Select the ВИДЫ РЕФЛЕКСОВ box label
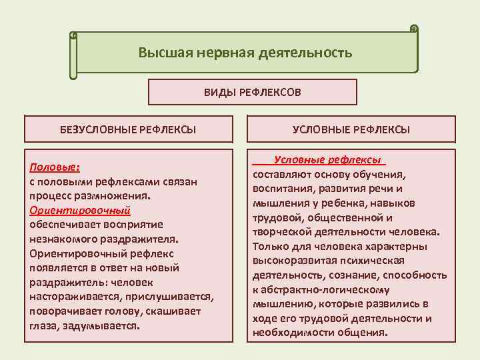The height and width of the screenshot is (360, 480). (x=252, y=93)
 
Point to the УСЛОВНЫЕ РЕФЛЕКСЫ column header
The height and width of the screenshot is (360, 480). (x=351, y=129)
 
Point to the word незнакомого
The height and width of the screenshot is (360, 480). (x=63, y=239)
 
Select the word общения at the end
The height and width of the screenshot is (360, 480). (x=364, y=333)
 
